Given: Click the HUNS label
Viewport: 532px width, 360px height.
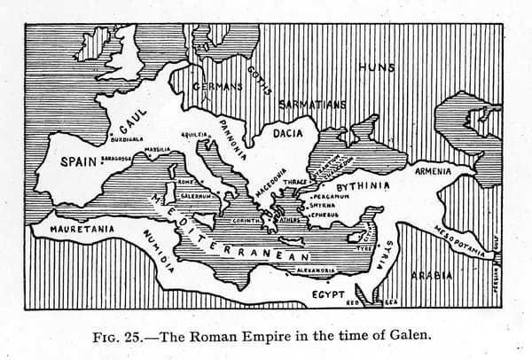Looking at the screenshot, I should tap(377, 67).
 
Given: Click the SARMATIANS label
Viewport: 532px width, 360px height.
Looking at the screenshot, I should tap(312, 105).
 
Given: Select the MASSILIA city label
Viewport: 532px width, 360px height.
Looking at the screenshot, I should tap(158, 149).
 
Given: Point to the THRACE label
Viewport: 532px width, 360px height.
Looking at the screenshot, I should tap(295, 182).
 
